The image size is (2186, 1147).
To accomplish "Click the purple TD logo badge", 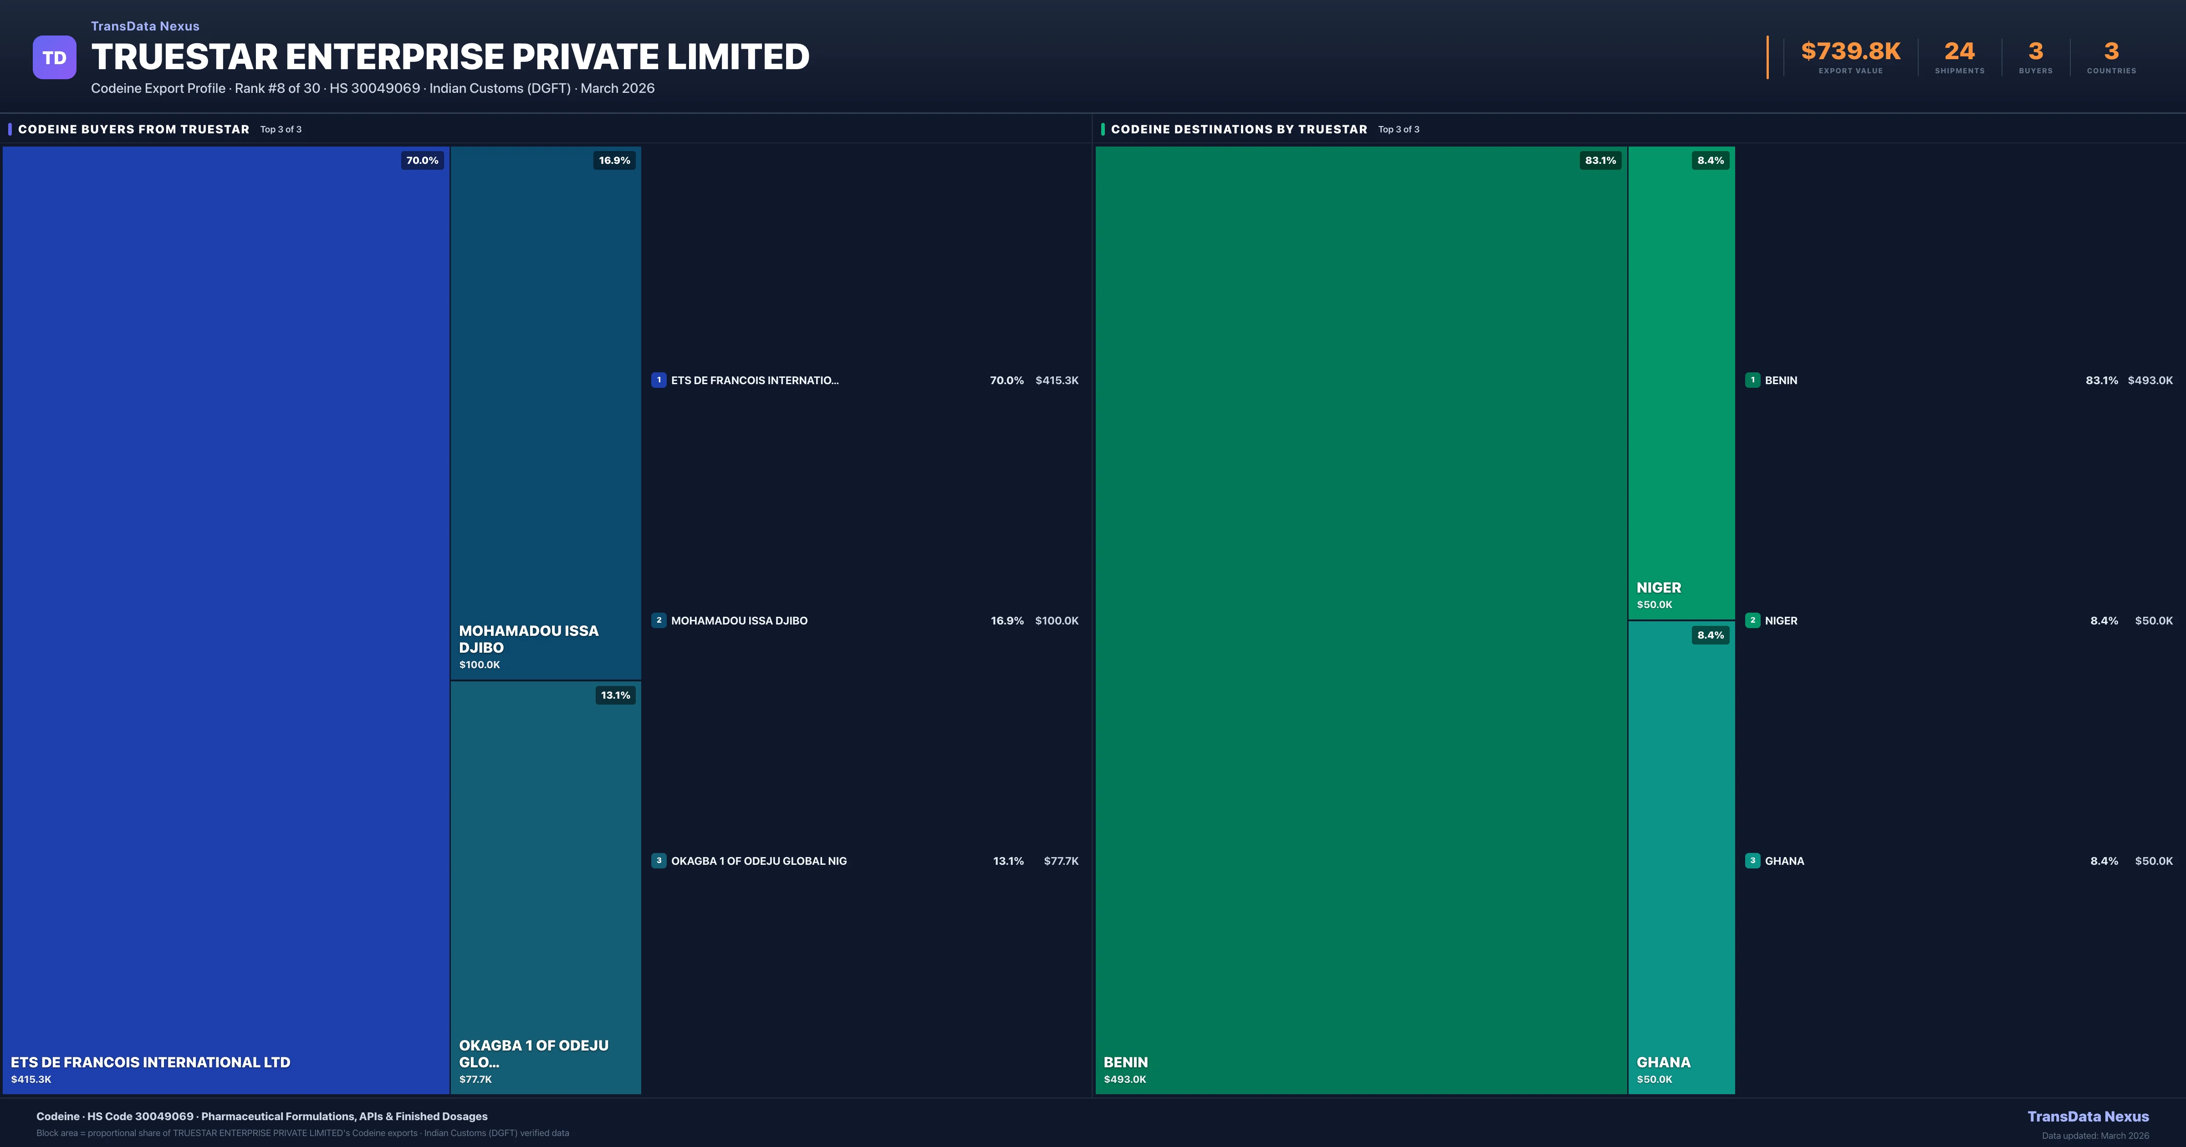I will pyautogui.click(x=54, y=58).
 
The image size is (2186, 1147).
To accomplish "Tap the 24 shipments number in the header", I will pyautogui.click(x=1959, y=52).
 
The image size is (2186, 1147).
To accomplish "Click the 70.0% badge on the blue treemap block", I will pyautogui.click(x=422, y=160).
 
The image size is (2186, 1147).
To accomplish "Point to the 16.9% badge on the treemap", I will pyautogui.click(x=614, y=160).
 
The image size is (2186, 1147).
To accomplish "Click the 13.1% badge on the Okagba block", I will pyautogui.click(x=615, y=695).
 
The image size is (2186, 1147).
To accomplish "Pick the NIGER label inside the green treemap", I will pyautogui.click(x=1658, y=588).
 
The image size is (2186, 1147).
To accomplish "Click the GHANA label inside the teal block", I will pyautogui.click(x=1663, y=1062).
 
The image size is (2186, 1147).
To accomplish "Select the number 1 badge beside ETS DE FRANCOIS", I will pyautogui.click(x=659, y=380).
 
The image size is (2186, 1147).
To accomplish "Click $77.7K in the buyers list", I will pyautogui.click(x=1061, y=861).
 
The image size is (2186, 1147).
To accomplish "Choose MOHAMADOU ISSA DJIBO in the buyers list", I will pyautogui.click(x=739, y=621).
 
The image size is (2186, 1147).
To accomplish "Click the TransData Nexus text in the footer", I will pyautogui.click(x=2088, y=1117).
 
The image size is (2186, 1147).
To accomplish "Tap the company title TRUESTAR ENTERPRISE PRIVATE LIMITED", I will pyautogui.click(x=450, y=57).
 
